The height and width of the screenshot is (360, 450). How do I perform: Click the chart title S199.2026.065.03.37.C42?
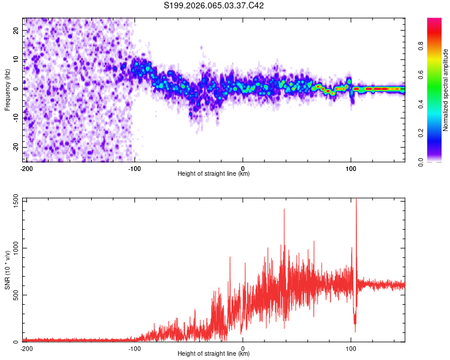(214, 5)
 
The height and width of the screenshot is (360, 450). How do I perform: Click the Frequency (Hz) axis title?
(7, 89)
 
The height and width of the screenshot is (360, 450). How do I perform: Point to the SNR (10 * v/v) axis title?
(7, 270)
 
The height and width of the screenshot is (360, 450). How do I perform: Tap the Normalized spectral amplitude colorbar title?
(445, 89)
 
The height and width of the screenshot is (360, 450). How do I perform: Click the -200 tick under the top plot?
(26, 167)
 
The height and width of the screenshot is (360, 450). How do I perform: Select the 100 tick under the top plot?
(351, 167)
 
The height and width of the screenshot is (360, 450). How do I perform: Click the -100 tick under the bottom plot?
(134, 347)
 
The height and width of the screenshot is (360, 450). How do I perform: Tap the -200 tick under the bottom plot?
(26, 347)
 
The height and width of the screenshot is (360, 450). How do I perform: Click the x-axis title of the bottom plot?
(214, 354)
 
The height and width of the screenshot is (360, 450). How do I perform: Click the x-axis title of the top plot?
(214, 174)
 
